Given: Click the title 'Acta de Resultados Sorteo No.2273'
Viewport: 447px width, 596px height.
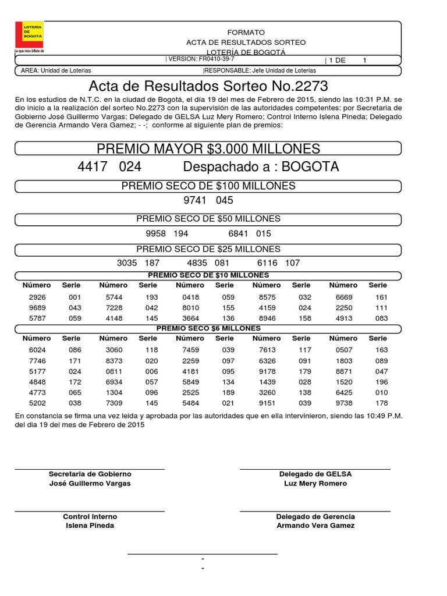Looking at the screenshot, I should point(208,87).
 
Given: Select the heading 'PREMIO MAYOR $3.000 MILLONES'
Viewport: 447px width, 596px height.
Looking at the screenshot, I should point(208,148).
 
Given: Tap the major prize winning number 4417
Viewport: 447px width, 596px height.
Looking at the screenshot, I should point(93,167).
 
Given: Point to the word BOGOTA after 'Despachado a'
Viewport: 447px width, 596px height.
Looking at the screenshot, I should point(310,167).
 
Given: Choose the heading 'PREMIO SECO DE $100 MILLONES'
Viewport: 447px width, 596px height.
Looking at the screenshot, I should point(208,186).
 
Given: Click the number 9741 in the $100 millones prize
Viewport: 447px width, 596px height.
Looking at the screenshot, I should point(195,200).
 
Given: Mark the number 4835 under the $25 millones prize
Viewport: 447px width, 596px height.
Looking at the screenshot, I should point(197,263).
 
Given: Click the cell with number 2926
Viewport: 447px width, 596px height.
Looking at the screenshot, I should point(37,297).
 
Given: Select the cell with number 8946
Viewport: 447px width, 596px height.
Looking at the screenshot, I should point(267,318).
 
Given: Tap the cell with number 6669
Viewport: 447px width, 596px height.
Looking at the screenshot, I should point(343,297).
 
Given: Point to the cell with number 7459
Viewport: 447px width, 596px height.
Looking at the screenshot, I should point(190,350).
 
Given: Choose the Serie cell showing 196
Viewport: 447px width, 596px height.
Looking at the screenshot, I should point(381,382).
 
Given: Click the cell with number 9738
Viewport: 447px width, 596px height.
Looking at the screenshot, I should point(343,403).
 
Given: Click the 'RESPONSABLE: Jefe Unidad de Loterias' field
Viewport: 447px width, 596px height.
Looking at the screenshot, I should point(260,70).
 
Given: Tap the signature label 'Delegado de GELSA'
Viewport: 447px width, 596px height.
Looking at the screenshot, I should point(315,474).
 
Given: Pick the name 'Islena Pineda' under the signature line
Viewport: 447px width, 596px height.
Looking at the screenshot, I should point(90,526).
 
